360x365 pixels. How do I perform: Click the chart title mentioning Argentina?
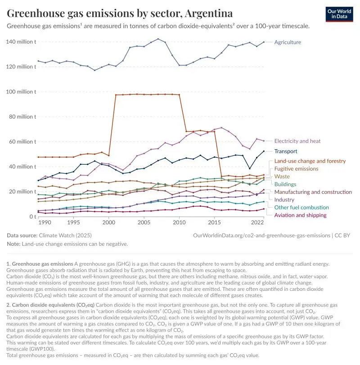point(120,13)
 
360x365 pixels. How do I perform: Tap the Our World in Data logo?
point(339,14)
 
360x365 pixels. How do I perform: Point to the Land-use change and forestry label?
point(310,161)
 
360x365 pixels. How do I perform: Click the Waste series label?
point(282,176)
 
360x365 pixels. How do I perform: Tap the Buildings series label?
point(285,184)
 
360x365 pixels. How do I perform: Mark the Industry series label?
point(284,200)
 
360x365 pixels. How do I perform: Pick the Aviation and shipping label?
point(300,215)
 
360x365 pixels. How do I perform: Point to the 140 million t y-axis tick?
point(21,42)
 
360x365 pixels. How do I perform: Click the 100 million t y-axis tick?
point(21,92)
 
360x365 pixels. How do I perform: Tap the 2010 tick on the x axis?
point(179,223)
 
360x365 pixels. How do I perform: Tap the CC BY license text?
point(344,235)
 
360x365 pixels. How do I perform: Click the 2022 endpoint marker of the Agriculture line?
point(263,42)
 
